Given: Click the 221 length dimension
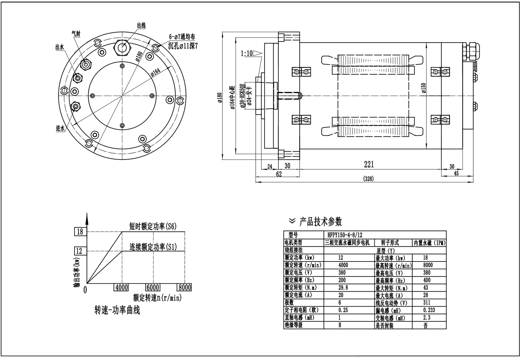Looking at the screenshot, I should tap(369, 164).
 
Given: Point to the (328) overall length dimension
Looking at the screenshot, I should tap(369, 179).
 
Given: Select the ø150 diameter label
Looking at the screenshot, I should tap(424, 88).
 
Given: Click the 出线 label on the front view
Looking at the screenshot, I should tap(141, 25).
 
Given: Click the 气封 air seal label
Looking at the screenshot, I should tap(76, 34).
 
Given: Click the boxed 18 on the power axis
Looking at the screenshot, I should tap(80, 232).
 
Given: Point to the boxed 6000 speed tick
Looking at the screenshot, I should tap(153, 288).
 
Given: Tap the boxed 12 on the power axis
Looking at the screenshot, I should tap(79, 251).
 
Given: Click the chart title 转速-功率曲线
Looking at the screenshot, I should tap(117, 310).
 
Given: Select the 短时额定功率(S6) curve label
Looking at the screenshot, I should tap(153, 227).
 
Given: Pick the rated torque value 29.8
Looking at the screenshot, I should tap(343, 288).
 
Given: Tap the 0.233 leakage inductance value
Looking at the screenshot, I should tap(429, 310).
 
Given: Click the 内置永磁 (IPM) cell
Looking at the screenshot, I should tap(429, 243).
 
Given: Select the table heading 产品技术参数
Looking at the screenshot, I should tap(320, 221).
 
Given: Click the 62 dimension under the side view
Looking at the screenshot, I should tap(279, 174).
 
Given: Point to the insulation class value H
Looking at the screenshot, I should tap(340, 325).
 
